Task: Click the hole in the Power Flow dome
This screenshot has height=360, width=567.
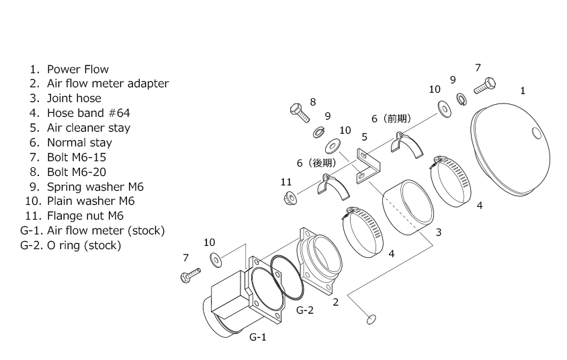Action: (537, 134)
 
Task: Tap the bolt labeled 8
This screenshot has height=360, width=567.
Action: (300, 112)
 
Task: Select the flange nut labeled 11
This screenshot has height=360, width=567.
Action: (290, 198)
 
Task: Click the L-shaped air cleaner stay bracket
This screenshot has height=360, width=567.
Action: (369, 166)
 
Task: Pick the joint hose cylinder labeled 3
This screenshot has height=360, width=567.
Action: (408, 207)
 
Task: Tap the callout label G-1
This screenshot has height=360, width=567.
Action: (258, 337)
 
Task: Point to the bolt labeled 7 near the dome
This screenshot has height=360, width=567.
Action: (484, 86)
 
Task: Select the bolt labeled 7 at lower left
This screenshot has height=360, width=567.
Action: (190, 275)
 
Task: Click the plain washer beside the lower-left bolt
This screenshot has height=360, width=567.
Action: (216, 260)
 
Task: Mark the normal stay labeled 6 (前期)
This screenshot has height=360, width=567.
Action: (407, 145)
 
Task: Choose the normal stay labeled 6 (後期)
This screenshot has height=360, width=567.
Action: (333, 187)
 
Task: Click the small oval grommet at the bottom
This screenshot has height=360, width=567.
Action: (371, 320)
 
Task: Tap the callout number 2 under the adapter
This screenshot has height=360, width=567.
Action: (336, 302)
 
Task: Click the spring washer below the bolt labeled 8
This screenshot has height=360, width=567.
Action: (319, 132)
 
